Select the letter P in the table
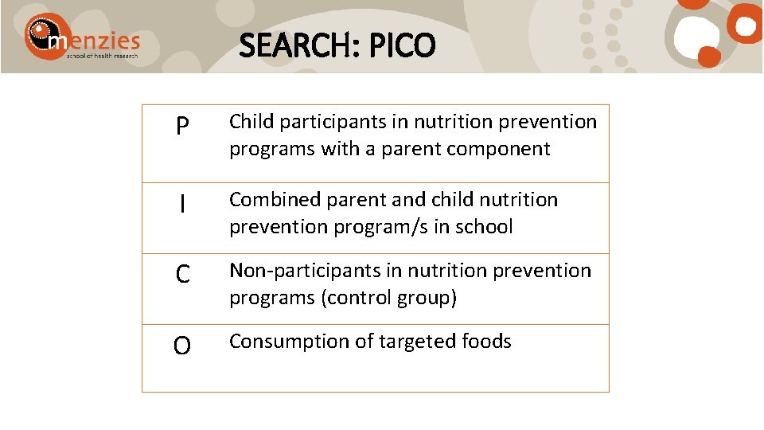click(x=182, y=127)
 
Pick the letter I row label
click(x=182, y=205)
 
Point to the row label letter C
click(x=182, y=276)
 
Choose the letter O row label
click(x=182, y=346)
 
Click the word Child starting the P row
click(x=251, y=122)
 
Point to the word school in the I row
click(x=486, y=227)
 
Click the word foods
click(x=486, y=342)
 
